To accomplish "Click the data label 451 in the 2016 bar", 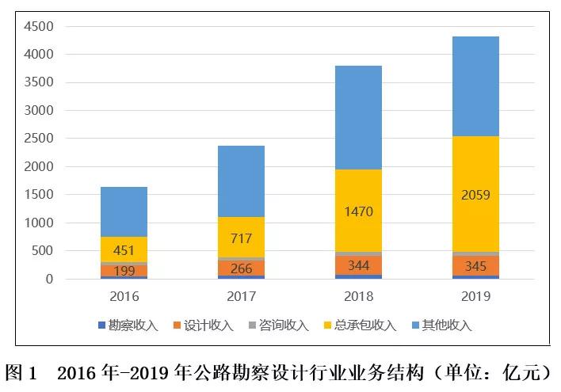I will (x=124, y=250).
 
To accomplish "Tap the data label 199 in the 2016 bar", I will (x=124, y=271).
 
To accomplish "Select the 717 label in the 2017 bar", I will (x=241, y=238).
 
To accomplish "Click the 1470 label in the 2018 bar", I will (x=358, y=211).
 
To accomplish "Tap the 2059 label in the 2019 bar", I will (x=475, y=195).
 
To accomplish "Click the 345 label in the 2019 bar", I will (x=475, y=265).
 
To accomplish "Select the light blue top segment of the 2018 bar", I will (x=358, y=117).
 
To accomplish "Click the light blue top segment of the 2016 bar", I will (x=124, y=211).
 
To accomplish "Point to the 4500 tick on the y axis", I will (x=38, y=26).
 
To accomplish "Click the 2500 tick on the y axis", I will (x=38, y=139).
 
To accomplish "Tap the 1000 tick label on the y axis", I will (x=38, y=223).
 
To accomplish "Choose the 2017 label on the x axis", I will (x=241, y=297).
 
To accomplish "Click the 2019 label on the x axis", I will (x=475, y=297).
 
